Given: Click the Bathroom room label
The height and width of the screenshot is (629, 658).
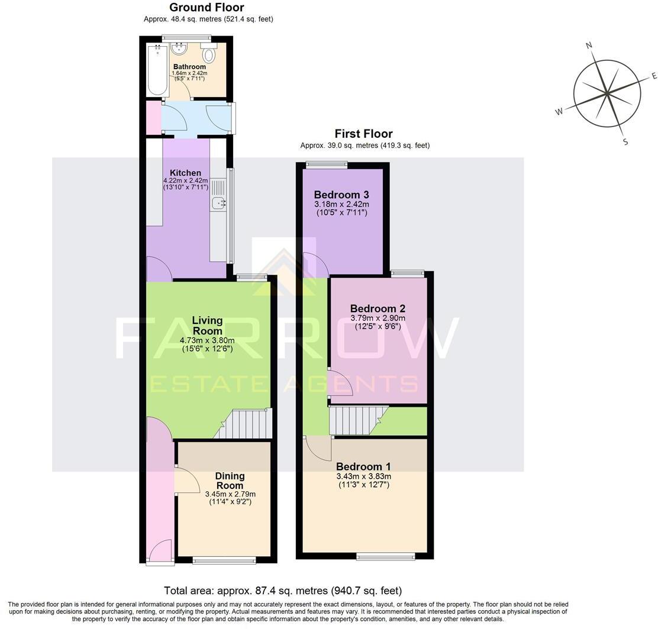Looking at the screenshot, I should coord(189,67).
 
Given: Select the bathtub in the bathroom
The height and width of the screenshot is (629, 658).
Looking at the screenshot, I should coord(158,70).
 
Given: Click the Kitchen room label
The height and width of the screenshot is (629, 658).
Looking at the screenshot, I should coord(185,173).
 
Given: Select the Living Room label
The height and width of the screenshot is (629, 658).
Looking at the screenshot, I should coord(207,326).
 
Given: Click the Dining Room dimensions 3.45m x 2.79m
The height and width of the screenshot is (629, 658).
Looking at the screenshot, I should coord(230,494).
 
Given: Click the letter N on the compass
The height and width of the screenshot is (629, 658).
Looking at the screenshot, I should coord(589,46).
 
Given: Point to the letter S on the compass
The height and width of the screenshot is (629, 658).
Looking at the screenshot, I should coord(625,141).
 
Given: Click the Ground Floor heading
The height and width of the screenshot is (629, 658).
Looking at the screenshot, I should coord(207,8).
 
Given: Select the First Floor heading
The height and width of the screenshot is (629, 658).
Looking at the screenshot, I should coord(363,134).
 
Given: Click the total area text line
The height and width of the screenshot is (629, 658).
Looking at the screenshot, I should coord(283,591).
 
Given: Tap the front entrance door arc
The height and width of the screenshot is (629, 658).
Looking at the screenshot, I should coord(159,553).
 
